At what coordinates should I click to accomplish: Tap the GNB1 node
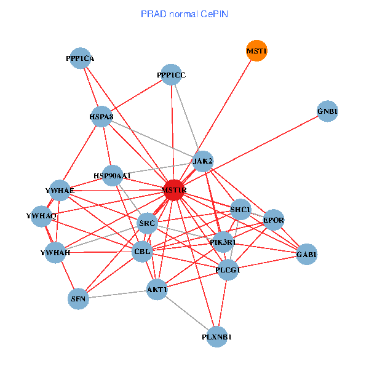tap(328, 111)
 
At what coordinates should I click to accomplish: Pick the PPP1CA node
tap(80, 58)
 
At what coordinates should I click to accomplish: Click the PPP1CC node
tap(171, 75)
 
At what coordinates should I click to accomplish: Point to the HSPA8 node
tap(101, 117)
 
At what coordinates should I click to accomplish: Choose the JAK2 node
tap(203, 161)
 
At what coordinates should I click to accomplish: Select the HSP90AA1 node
tap(113, 176)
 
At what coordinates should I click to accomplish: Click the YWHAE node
tap(60, 191)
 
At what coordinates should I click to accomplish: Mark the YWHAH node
tap(55, 253)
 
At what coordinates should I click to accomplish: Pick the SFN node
tap(78, 299)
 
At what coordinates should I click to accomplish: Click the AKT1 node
tap(157, 289)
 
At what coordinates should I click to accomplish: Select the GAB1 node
tap(306, 254)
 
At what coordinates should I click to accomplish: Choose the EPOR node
tap(273, 220)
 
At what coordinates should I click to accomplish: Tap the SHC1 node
tap(240, 210)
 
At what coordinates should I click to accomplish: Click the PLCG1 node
tap(228, 269)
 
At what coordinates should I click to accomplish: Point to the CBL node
tap(142, 252)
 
